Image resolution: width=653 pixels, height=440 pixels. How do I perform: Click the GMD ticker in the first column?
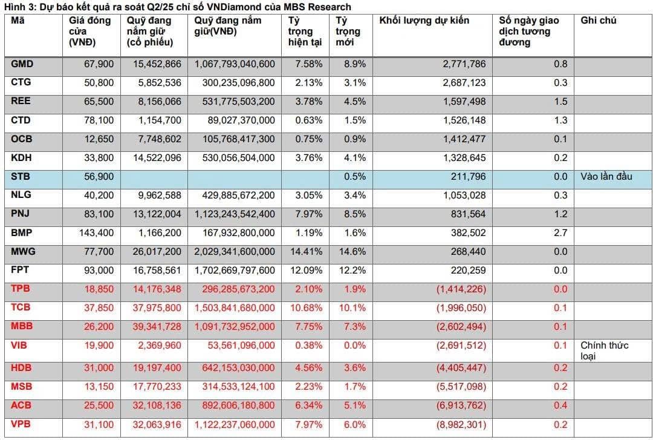(x=22, y=64)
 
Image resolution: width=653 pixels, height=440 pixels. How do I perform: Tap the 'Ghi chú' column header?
(x=598, y=21)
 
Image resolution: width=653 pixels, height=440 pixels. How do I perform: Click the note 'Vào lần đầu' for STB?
(x=606, y=176)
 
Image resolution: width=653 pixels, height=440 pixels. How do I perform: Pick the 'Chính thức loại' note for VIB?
(x=605, y=350)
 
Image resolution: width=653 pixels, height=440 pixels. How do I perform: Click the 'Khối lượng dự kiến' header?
(x=424, y=21)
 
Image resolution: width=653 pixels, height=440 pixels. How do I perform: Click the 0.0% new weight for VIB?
(x=351, y=346)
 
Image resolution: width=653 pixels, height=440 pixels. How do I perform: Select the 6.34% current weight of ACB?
(x=308, y=406)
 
